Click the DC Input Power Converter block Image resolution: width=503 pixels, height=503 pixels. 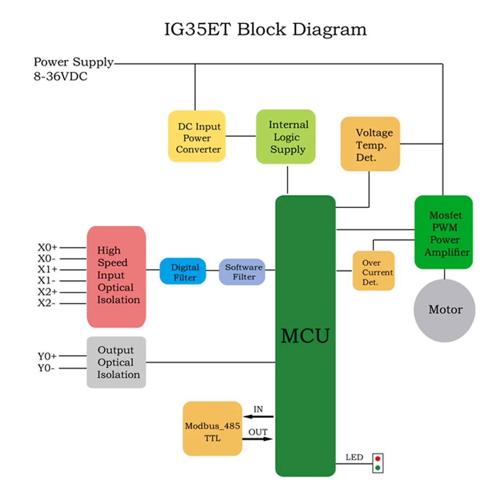point(197,136)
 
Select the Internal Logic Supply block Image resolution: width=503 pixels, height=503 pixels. point(286,137)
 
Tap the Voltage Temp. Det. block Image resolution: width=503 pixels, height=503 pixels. point(370,144)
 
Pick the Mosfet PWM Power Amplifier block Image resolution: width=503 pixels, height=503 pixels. point(444,232)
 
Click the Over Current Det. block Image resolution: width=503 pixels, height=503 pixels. point(373,271)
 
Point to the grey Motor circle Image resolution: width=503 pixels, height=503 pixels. point(445,309)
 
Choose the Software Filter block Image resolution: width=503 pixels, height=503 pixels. point(242,271)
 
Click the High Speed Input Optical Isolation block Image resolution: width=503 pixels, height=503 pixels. point(116,277)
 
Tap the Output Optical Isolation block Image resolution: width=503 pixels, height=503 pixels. point(116,362)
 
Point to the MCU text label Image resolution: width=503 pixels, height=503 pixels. point(305,336)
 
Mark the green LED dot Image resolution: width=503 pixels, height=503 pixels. point(377,468)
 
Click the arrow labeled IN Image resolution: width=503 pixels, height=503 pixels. point(258,416)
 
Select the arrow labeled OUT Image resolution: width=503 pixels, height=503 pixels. point(258,439)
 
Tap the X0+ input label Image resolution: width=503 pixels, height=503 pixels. point(48,247)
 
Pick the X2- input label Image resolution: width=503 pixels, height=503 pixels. point(48,303)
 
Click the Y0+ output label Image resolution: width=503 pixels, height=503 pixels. point(47,357)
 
